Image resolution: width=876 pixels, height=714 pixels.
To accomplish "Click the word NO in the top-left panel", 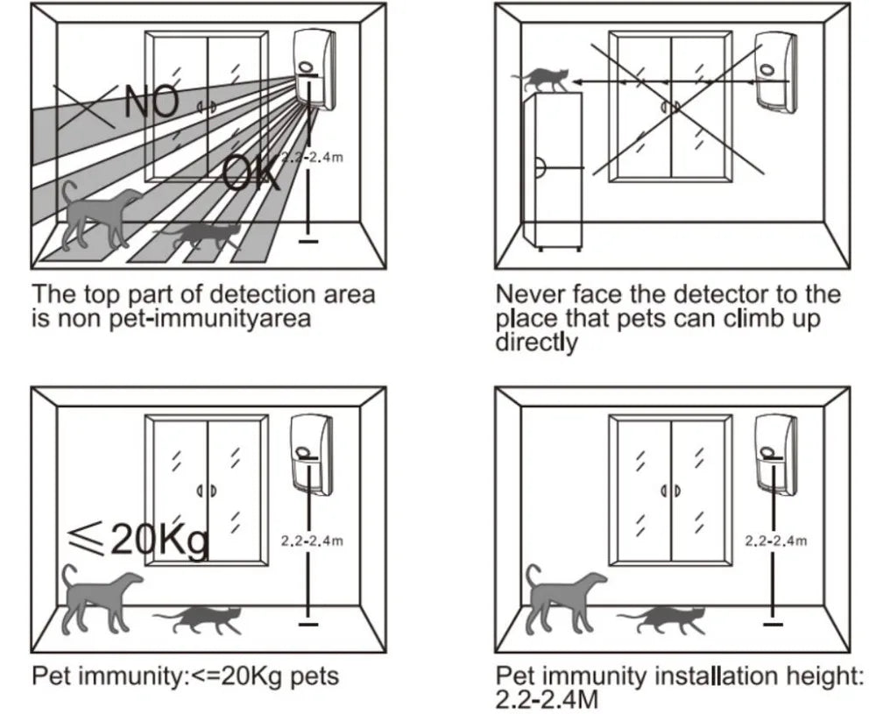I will [x=154, y=102].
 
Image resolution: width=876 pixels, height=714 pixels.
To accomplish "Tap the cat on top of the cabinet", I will [x=543, y=81].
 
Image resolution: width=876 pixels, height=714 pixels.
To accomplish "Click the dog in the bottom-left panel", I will [x=98, y=597].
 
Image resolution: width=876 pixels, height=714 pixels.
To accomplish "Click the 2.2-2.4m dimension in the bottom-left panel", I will [x=312, y=541].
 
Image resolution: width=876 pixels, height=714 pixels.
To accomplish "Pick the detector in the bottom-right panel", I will [x=776, y=453].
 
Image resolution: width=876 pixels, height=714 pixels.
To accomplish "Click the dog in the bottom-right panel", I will [x=562, y=597].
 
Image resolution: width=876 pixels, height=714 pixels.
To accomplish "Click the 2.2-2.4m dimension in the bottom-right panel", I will [x=776, y=541].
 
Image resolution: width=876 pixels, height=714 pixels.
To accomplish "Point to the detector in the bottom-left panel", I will [x=312, y=453].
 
